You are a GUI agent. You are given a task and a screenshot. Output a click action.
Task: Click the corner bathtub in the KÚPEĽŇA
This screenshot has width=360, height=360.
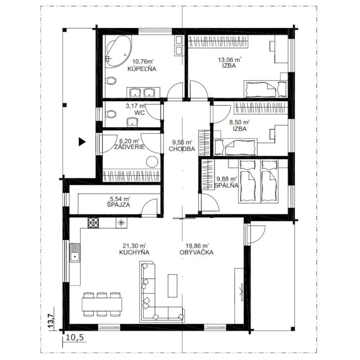pyautogui.click(x=118, y=51)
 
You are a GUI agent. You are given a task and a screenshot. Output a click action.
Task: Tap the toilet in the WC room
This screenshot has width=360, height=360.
pyautogui.click(x=111, y=114)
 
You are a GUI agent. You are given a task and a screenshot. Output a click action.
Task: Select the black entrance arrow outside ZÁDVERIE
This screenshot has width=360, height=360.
pyautogui.click(x=82, y=141)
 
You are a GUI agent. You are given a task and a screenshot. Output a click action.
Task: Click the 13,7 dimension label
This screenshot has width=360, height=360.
pyautogui.click(x=51, y=320)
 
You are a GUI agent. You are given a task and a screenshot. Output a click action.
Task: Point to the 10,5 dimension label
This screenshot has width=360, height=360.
pyautogui.click(x=75, y=338)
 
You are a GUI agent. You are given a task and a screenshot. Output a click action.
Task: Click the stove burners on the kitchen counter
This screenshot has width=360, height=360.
pyautogui.click(x=93, y=223)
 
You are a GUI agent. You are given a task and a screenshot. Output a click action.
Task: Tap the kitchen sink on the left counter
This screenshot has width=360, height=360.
pyautogui.click(x=75, y=253)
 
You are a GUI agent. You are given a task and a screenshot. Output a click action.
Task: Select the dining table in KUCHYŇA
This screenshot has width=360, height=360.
pyautogui.click(x=102, y=304)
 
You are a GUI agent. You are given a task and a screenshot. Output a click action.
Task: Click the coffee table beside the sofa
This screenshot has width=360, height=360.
pyautogui.click(x=172, y=285)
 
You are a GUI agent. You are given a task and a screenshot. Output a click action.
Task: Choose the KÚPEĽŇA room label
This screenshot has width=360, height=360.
pyautogui.click(x=141, y=69)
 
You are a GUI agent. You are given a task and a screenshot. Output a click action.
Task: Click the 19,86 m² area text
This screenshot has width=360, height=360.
pyautogui.click(x=194, y=246)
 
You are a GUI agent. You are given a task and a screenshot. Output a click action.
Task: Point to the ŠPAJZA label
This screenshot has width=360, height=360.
pyautogui.click(x=118, y=204)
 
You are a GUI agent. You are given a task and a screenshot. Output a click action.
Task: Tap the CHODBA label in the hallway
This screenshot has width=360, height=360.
pyautogui.click(x=182, y=149)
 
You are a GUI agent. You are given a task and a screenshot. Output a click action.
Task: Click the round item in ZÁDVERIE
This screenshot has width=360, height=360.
pyautogui.click(x=152, y=162)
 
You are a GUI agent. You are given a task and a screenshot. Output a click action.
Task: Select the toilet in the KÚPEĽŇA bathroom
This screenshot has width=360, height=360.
pyautogui.click(x=111, y=81)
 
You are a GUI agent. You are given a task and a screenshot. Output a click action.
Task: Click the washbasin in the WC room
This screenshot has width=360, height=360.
pyautogui.click(x=132, y=122)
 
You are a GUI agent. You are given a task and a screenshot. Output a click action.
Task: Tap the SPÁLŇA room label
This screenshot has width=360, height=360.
pyautogui.click(x=226, y=185)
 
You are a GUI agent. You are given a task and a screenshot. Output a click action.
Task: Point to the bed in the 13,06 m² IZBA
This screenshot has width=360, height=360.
pyautogui.click(x=265, y=89)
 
